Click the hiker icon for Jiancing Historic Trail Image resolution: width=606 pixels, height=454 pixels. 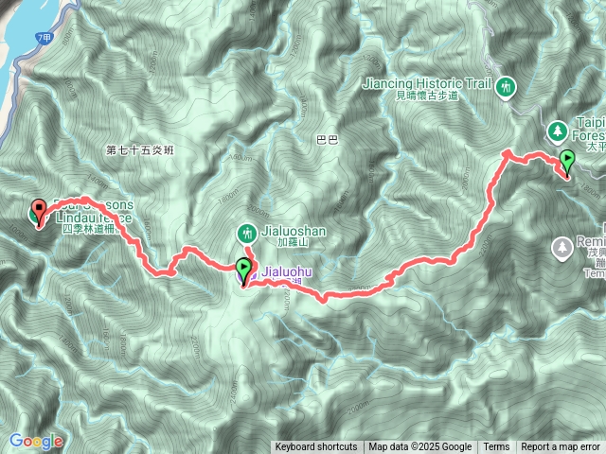pos(506,86)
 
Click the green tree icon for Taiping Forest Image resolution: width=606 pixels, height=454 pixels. pos(558,130)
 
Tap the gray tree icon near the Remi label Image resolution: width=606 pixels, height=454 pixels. pos(561,247)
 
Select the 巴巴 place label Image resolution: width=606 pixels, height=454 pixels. pos(326,140)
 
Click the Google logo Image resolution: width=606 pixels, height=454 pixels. pos(36,441)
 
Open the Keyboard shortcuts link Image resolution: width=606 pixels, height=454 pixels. pos(316,447)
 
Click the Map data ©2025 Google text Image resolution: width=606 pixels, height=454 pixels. pos(419,447)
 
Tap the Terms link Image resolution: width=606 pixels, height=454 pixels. pos(496,447)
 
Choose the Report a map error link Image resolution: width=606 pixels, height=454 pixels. pos(561,447)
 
